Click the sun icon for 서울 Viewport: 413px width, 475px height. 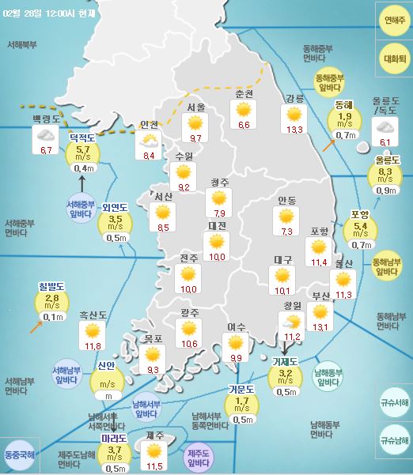[x=194, y=123]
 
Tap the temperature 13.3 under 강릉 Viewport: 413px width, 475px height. [x=295, y=130]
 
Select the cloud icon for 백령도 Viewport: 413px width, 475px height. [x=45, y=136]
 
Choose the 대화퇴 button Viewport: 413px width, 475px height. [x=393, y=59]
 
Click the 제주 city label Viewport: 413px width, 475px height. [x=155, y=435]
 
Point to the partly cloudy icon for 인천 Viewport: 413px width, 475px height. [x=148, y=141]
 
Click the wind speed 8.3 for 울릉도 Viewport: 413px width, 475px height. [x=386, y=172]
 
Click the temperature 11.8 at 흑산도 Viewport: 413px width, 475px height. [x=93, y=345]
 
